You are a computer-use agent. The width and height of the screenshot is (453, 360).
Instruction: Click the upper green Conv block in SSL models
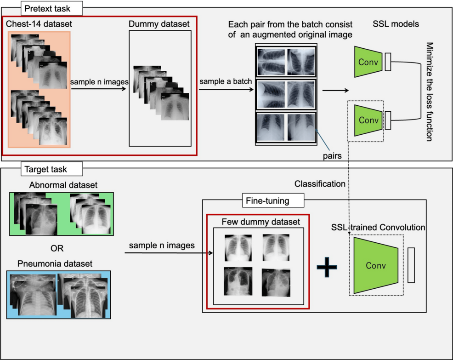368,62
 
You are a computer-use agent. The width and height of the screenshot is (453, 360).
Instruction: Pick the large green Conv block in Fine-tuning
376,265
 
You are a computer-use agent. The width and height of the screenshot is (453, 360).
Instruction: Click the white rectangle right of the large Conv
411,265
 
